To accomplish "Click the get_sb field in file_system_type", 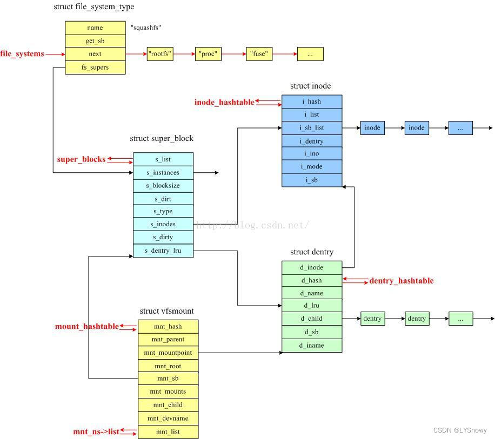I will [95, 41].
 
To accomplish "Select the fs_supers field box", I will [95, 67].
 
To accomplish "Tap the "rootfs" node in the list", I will [160, 54].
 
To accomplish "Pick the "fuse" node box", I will [259, 54].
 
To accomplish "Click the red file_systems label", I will [22, 54].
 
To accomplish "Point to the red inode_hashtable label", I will [224, 103].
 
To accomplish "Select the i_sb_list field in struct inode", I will [312, 128].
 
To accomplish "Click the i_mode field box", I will [312, 167].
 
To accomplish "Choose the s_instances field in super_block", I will [163, 173].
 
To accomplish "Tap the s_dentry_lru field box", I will [163, 251].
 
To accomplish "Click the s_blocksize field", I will [163, 186].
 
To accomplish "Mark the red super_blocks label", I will [82, 160].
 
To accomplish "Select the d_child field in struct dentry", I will [312, 319].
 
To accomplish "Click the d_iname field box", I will [312, 346].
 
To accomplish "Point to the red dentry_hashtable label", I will [402, 281].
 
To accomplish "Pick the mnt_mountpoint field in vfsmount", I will [168, 353].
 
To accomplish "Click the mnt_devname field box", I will [168, 418].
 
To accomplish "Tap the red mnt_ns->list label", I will [96, 432].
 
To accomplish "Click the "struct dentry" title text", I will [312, 252].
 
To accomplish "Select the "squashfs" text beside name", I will [146, 28].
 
